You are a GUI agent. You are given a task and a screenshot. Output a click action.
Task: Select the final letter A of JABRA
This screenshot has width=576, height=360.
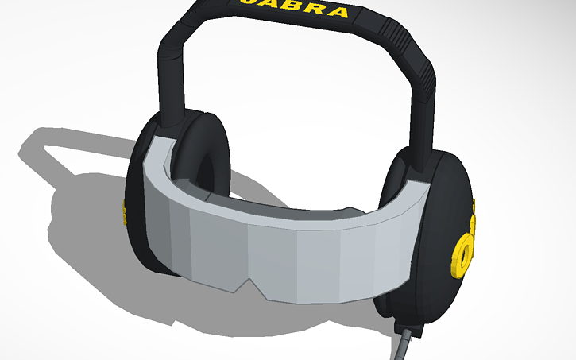(x=337, y=12)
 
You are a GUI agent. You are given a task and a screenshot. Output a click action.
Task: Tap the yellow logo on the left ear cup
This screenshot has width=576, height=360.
(x=123, y=213)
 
